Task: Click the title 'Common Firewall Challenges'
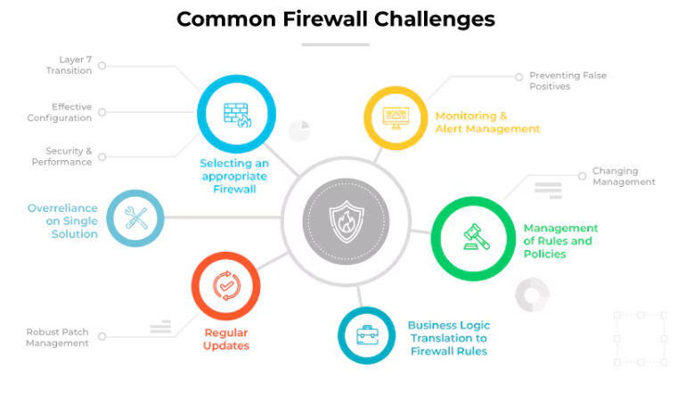tap(335, 19)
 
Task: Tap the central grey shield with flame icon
tap(346, 220)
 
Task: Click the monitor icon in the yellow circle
tap(396, 117)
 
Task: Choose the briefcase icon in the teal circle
tap(366, 335)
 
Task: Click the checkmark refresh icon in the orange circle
tap(225, 286)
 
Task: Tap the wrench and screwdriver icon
tap(136, 217)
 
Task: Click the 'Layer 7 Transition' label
tap(69, 65)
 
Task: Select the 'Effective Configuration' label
tap(60, 112)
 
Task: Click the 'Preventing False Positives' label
tap(567, 81)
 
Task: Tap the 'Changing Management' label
tap(624, 176)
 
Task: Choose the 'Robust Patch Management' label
tap(58, 337)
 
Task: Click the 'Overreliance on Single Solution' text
tap(62, 221)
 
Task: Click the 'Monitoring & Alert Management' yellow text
tap(487, 122)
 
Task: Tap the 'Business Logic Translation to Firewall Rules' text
tap(449, 338)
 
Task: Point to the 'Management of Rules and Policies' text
tap(560, 241)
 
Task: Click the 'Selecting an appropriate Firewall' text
tap(234, 176)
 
